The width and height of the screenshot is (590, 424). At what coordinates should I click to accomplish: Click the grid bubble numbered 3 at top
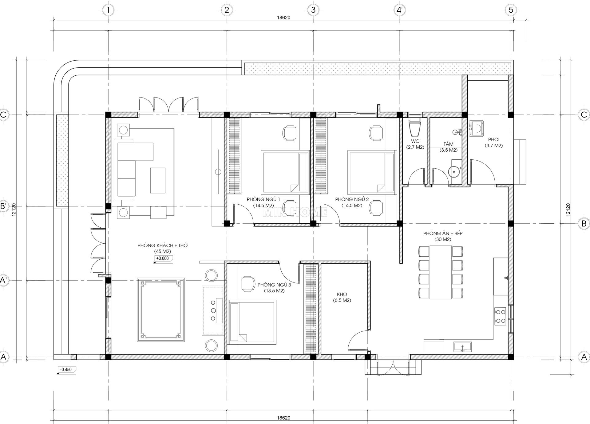click(x=313, y=10)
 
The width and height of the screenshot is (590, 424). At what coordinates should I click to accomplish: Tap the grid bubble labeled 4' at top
click(x=399, y=10)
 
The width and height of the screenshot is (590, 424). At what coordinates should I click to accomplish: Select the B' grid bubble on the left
click(x=4, y=206)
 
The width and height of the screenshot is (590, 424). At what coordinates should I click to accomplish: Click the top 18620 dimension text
click(x=283, y=18)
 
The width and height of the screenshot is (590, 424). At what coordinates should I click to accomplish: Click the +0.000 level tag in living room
click(x=163, y=258)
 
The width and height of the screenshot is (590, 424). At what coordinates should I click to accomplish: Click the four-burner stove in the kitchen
click(x=500, y=316)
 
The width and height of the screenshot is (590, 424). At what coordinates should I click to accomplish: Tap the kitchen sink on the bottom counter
click(x=463, y=347)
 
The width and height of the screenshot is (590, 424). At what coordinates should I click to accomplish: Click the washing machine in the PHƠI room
click(x=476, y=129)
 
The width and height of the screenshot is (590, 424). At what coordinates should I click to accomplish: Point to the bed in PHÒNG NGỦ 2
click(x=371, y=172)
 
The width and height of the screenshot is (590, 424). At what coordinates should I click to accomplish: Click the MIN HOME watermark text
click(x=295, y=212)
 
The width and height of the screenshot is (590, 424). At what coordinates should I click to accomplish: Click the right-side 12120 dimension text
click(x=568, y=210)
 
